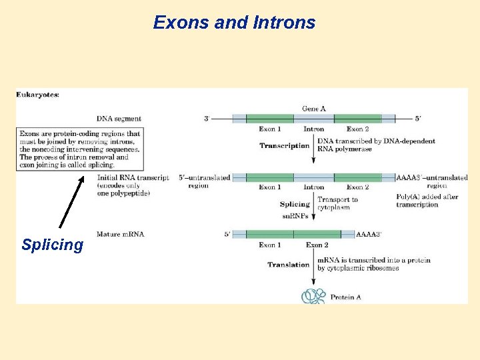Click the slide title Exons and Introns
234,23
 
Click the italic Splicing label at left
52,245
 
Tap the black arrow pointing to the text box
71,203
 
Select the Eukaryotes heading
37,95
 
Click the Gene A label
314,109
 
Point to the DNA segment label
119,119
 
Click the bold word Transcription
284,146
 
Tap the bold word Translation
288,265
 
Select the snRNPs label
296,215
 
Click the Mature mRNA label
120,234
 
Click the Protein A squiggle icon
313,295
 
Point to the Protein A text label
346,297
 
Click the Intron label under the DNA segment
314,129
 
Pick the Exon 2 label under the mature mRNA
317,245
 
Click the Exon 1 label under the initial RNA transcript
270,187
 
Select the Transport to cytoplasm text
337,203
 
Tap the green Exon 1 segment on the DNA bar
270,119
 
